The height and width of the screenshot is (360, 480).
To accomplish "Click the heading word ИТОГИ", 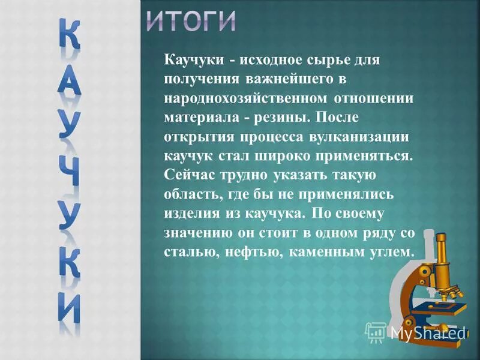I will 191,22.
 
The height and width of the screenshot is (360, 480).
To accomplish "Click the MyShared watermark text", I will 427,331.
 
